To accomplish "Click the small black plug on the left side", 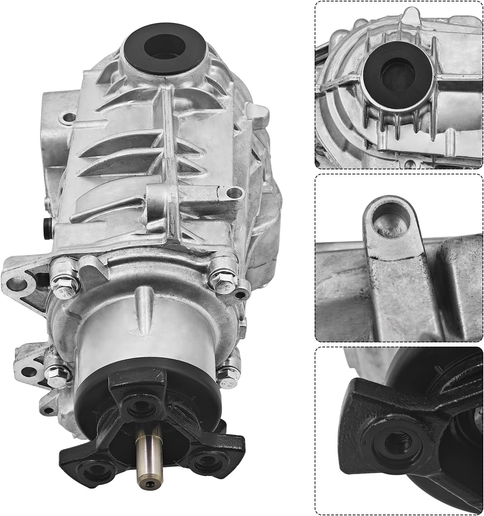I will pyautogui.click(x=47, y=225).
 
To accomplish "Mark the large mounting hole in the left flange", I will pyautogui.click(x=18, y=284).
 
